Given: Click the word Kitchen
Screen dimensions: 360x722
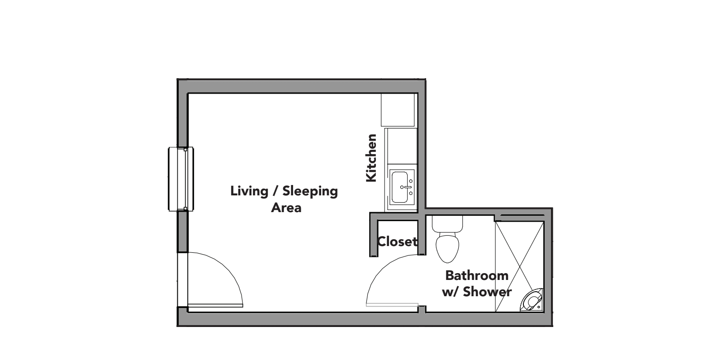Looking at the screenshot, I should pos(371,158).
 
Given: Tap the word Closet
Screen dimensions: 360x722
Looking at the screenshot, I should pos(397,242).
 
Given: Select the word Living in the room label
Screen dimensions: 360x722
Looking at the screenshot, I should pos(249,191).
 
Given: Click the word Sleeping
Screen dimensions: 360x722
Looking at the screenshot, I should pos(310,191).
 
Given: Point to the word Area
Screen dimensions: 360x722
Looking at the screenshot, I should pos(286,208).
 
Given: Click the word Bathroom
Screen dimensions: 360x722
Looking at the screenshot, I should pos(477,275).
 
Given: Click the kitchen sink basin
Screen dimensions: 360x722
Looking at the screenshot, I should pos(401,187).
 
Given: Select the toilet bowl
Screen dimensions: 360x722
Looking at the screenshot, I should pos(447,247).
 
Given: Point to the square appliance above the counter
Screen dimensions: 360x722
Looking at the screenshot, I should pos(398,110).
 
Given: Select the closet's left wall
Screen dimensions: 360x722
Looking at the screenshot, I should pos(374,237).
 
